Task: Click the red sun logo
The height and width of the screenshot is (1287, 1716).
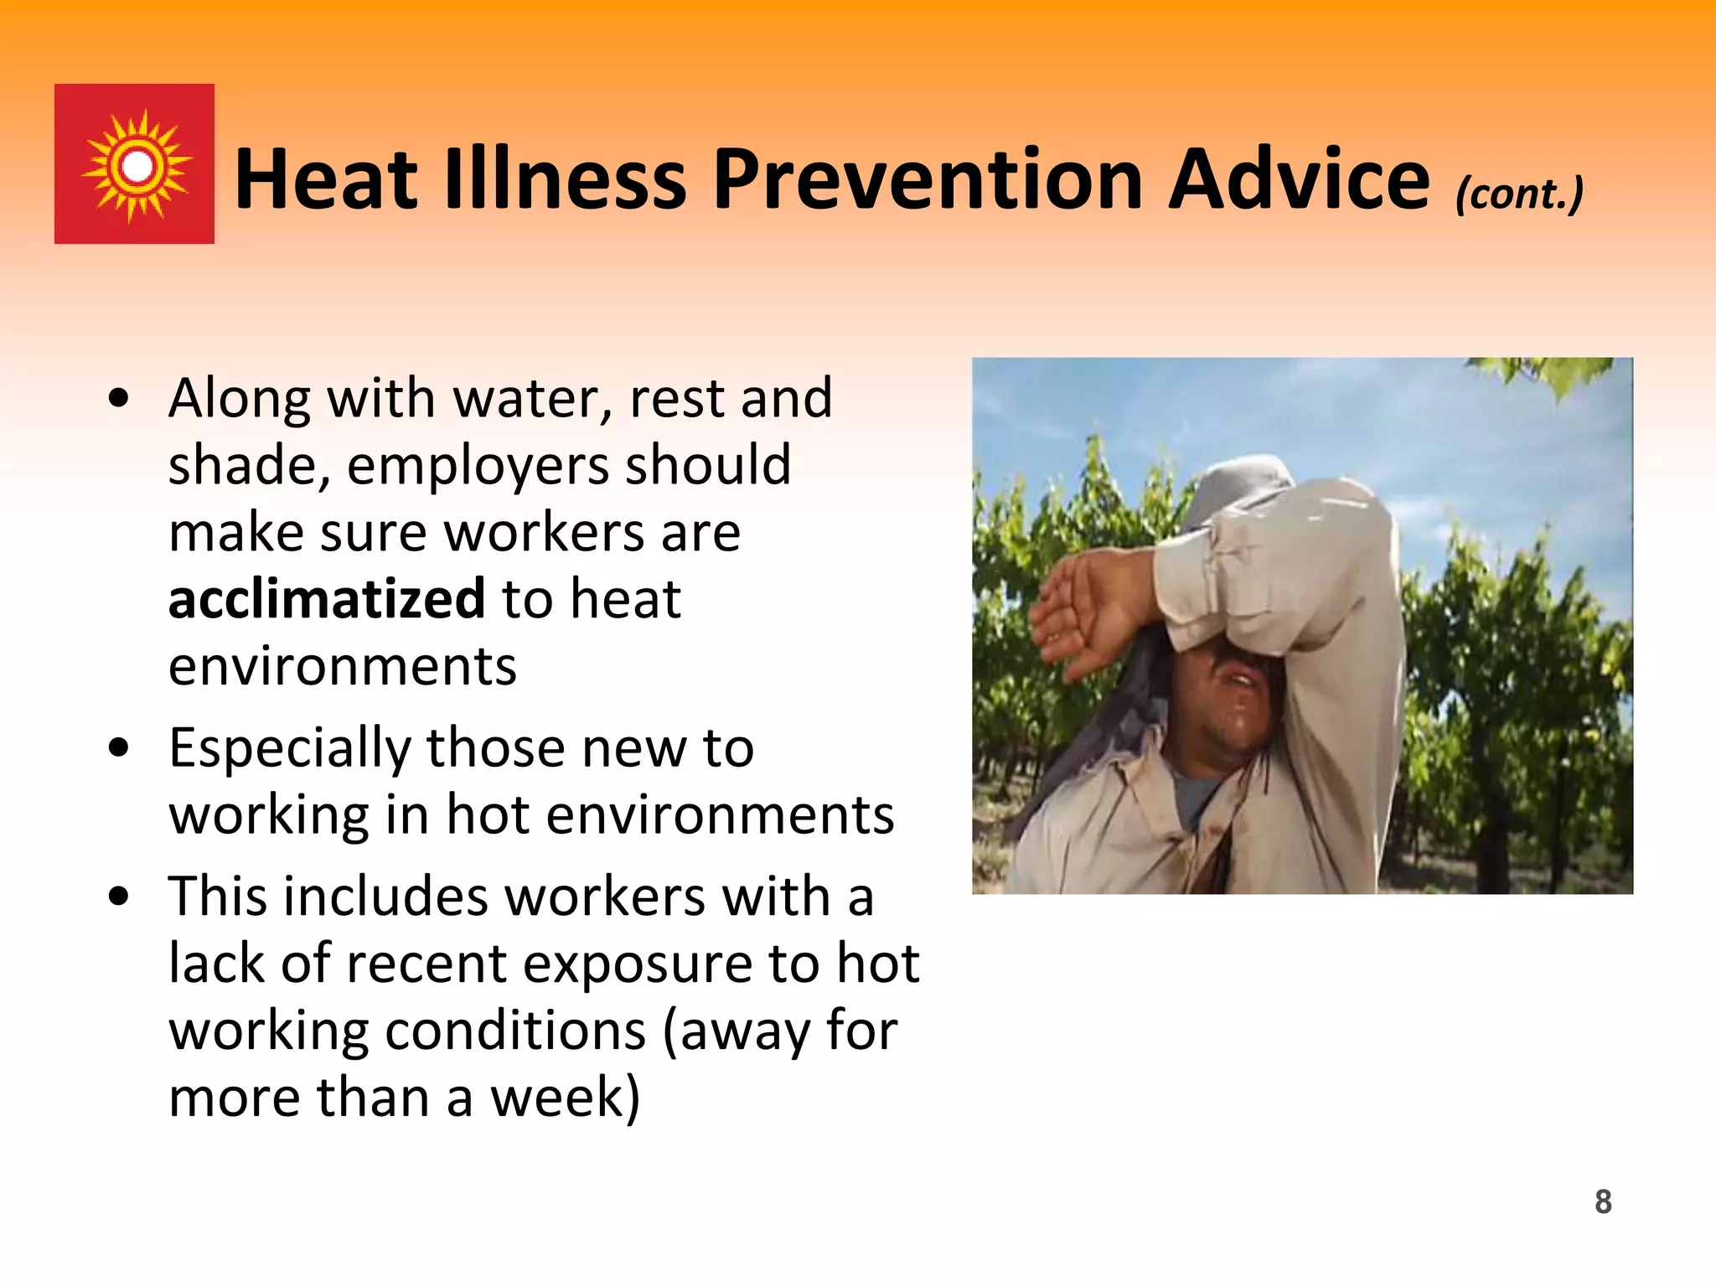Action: tap(134, 164)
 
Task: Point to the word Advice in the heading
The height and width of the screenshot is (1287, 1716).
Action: tap(1299, 179)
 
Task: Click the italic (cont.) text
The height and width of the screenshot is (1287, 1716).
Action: tap(1518, 194)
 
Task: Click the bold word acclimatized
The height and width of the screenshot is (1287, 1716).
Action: tap(327, 598)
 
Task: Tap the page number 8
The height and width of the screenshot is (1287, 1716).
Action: tap(1603, 1202)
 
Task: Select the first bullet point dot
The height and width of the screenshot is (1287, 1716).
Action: tap(119, 399)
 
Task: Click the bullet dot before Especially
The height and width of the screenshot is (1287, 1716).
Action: tap(119, 747)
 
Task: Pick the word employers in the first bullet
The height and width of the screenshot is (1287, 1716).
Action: tap(478, 466)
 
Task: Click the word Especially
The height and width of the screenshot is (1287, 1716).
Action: tap(290, 747)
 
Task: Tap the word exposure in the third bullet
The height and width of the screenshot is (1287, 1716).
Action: tap(637, 964)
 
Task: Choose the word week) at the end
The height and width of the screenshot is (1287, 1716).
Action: tap(565, 1098)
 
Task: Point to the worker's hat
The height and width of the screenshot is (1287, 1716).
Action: tap(1240, 486)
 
